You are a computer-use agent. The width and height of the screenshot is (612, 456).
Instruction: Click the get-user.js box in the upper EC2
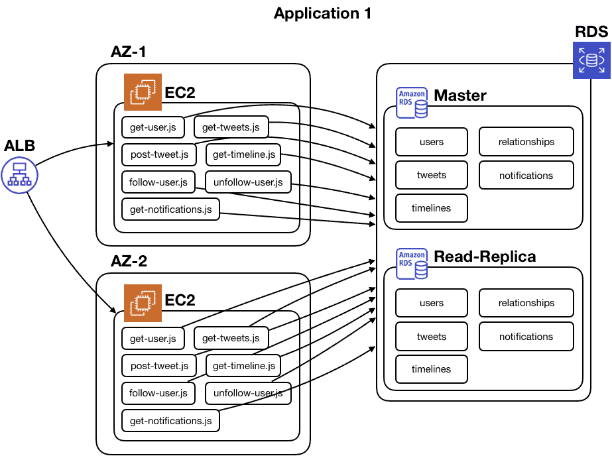[153, 127]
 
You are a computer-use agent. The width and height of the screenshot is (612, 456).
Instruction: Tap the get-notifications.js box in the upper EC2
[170, 209]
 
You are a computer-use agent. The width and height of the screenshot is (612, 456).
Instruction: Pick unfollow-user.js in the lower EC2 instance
[248, 393]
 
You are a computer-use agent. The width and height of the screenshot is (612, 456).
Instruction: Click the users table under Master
[432, 141]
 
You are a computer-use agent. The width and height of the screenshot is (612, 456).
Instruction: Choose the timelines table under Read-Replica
[432, 369]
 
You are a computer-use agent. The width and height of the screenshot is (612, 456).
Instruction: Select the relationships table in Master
[526, 141]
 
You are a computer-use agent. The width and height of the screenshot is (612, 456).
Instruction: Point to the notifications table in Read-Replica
[526, 337]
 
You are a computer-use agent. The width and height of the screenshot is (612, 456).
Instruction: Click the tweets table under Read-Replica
[432, 337]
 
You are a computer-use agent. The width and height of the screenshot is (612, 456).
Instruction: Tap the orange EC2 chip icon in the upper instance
[143, 92]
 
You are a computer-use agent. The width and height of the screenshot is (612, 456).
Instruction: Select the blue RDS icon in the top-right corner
[591, 60]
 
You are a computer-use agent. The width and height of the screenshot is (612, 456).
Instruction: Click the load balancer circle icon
[20, 175]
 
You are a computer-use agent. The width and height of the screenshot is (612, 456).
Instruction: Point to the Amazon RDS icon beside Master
[412, 103]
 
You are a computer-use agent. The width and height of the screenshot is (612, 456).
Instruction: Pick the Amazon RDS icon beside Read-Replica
[412, 264]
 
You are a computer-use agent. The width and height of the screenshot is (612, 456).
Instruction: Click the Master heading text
[460, 95]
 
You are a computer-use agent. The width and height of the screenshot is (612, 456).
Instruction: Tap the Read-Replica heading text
[485, 256]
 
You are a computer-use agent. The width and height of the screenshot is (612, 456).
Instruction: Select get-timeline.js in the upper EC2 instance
[244, 155]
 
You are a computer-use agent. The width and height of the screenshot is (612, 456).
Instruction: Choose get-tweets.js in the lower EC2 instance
[231, 339]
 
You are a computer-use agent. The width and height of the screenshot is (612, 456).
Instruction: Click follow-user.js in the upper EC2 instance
[158, 182]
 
